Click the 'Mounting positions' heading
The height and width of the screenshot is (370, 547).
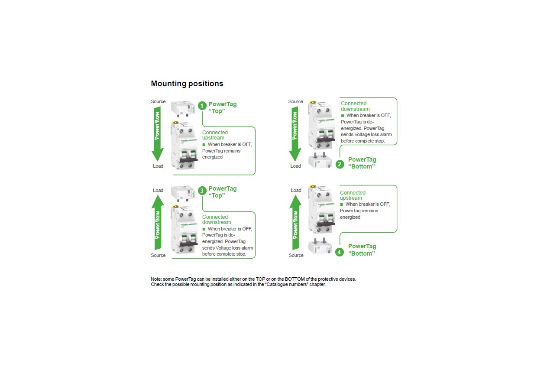tap(187, 84)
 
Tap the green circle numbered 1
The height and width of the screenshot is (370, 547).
tap(202, 106)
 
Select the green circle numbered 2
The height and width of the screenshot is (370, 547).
tap(340, 164)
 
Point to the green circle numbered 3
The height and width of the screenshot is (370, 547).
tap(202, 191)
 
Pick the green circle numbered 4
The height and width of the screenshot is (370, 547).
tap(339, 252)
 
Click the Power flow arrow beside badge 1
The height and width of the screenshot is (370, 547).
tap(158, 134)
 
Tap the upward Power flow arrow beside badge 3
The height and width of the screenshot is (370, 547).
tap(158, 222)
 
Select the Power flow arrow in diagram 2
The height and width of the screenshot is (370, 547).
tap(295, 134)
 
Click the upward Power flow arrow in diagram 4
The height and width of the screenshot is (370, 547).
tap(295, 222)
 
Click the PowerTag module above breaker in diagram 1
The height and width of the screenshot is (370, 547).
tap(183, 108)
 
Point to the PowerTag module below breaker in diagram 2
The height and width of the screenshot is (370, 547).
tap(320, 160)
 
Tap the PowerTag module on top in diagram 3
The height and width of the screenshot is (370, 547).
tap(183, 193)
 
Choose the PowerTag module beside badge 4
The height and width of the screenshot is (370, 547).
tap(320, 246)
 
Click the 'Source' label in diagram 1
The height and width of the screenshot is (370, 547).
tap(158, 101)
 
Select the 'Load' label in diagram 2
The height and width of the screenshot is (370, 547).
tap(295, 166)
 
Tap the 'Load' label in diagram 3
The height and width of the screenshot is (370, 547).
tap(158, 190)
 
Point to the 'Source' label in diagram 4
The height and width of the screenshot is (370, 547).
tap(296, 255)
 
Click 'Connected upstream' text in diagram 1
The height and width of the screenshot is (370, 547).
tap(215, 135)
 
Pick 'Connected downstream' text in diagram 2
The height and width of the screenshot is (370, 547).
tap(355, 106)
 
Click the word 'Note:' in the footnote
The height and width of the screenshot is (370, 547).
tap(156, 279)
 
